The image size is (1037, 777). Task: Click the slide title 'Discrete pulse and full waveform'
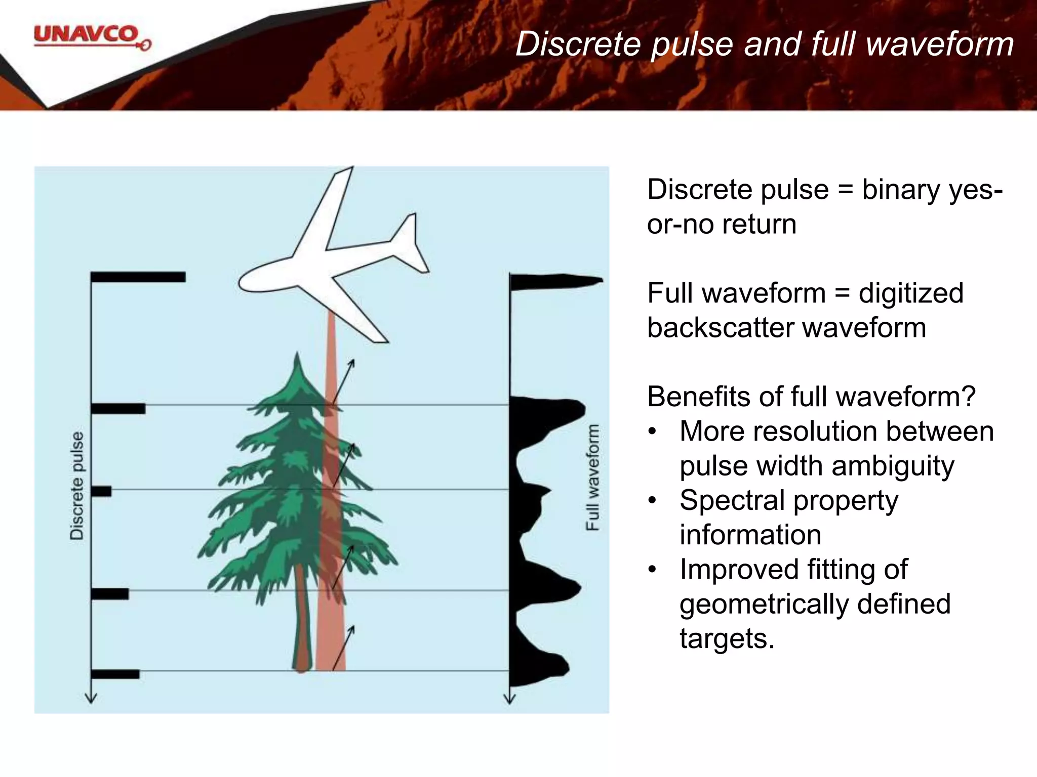click(765, 44)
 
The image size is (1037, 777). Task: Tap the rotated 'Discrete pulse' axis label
click(77, 486)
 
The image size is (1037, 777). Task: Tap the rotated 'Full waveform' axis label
click(592, 478)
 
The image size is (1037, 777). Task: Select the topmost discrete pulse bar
click(138, 277)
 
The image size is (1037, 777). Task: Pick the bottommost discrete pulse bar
click(115, 674)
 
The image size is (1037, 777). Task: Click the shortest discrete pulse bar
click(101, 491)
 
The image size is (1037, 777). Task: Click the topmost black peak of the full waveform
click(557, 281)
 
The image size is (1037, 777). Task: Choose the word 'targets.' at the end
click(727, 638)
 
